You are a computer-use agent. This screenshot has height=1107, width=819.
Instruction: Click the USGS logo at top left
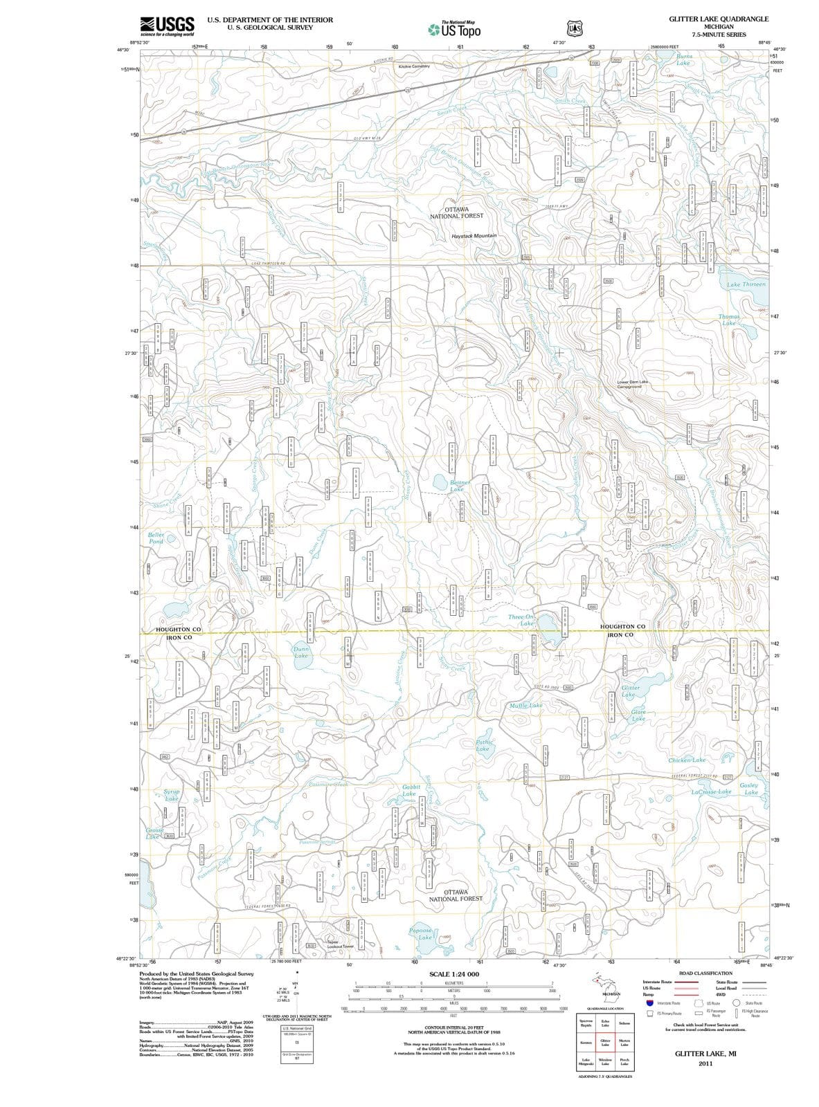click(166, 26)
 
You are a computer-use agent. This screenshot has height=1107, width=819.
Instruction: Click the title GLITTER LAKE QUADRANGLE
click(718, 19)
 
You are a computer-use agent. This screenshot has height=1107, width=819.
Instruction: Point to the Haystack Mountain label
click(474, 236)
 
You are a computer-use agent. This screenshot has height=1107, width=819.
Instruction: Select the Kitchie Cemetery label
click(415, 66)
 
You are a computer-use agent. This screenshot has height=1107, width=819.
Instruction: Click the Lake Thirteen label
click(746, 285)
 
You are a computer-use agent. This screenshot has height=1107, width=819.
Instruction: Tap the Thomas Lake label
click(729, 320)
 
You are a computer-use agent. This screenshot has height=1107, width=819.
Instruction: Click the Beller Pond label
click(156, 538)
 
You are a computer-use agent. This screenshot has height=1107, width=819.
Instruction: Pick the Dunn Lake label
click(301, 652)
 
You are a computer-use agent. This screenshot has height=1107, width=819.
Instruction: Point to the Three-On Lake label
click(521, 620)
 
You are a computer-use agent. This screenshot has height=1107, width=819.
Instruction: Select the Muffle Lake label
click(525, 706)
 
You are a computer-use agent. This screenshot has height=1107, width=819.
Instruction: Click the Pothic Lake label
click(483, 745)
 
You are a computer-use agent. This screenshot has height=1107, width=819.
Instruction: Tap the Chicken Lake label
click(687, 760)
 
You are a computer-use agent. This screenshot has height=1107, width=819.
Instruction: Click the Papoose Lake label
click(422, 934)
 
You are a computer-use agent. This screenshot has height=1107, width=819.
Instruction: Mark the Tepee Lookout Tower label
click(340, 944)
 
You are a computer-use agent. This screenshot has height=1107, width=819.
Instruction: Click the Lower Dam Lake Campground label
click(633, 384)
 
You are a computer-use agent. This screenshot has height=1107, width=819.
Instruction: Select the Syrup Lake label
click(171, 795)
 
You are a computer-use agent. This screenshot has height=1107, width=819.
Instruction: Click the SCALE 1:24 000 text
click(454, 974)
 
